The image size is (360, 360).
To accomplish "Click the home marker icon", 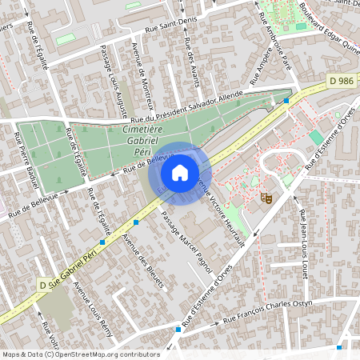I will point(180,173).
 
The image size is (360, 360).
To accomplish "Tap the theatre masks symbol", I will point(266,195).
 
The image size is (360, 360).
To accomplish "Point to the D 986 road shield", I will point(341,81).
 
